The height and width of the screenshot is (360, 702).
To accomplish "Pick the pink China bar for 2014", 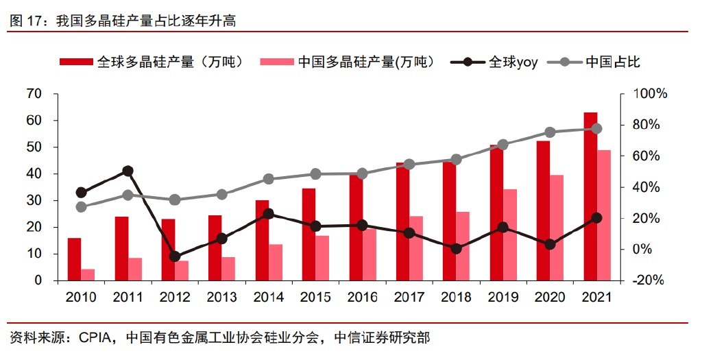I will click(x=276, y=263).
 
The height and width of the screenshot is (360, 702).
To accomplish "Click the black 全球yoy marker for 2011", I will click(x=128, y=171).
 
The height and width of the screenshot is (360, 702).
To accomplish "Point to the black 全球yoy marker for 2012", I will click(x=174, y=256).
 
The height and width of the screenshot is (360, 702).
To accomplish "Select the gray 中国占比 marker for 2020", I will click(x=550, y=132).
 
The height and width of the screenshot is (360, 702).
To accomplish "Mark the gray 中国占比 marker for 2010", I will click(x=81, y=207).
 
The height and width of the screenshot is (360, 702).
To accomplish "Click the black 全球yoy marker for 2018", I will click(x=456, y=248).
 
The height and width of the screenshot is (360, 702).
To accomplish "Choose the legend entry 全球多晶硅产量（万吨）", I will click(x=151, y=62).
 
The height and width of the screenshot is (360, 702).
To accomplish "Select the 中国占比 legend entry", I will click(x=596, y=62).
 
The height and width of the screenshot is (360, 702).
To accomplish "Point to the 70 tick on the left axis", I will click(x=34, y=93).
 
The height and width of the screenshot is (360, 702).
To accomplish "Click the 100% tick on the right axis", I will click(x=648, y=93).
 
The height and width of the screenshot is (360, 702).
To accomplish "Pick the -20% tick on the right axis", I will click(x=648, y=280).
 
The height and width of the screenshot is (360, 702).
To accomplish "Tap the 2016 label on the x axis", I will click(x=363, y=298).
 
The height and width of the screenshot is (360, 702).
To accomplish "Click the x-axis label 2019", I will click(x=503, y=298).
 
